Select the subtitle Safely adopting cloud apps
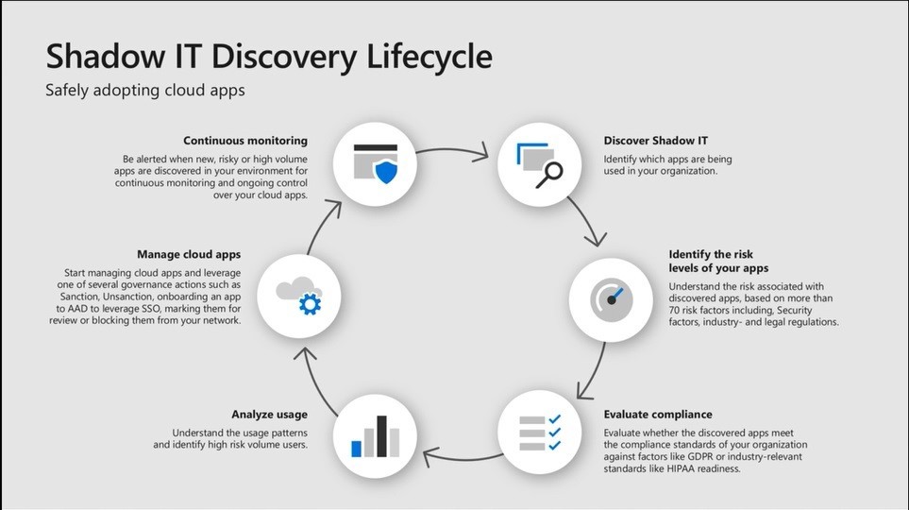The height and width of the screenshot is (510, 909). [x=145, y=91]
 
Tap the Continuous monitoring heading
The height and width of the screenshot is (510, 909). [x=245, y=141]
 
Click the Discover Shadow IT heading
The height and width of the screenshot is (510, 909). [x=656, y=141]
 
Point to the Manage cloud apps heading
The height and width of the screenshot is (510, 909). [x=189, y=254]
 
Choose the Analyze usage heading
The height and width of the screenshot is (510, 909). [x=269, y=414]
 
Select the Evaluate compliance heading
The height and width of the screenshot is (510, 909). [x=658, y=414]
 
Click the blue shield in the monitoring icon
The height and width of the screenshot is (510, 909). [x=386, y=172]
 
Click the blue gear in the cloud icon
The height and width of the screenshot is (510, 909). [x=310, y=304]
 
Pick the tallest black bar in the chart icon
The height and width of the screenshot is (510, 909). [x=381, y=435]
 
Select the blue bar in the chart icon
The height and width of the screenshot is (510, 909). [x=357, y=448]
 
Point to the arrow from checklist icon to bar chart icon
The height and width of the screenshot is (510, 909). [x=463, y=459]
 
